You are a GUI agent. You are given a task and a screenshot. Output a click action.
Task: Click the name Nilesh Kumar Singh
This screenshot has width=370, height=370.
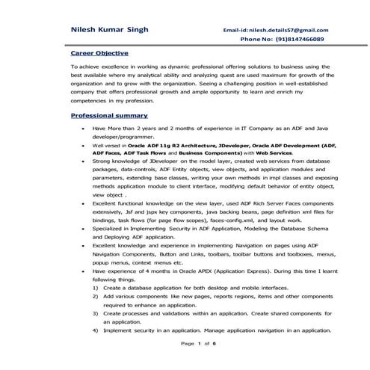pyautogui.click(x=109, y=29)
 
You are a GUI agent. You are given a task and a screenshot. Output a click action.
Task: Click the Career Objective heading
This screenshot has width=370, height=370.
pyautogui.click(x=99, y=54)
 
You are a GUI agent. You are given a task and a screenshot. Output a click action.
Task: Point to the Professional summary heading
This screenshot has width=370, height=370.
pyautogui.click(x=108, y=116)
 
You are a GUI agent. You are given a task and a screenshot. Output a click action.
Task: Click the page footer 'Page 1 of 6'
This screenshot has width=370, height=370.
pyautogui.click(x=199, y=343)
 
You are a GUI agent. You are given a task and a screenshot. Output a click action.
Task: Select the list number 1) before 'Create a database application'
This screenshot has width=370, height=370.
pyautogui.click(x=95, y=287)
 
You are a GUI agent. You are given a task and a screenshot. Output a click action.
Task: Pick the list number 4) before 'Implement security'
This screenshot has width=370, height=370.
pyautogui.click(x=95, y=330)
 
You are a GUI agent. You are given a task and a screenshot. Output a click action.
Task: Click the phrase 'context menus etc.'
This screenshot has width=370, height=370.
pyautogui.click(x=158, y=262)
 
